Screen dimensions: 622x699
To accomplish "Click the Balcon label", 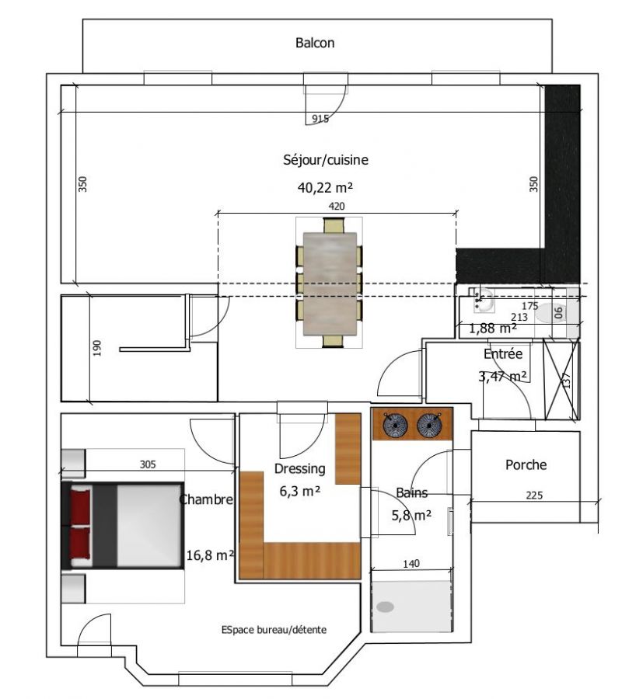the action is tap(315, 43).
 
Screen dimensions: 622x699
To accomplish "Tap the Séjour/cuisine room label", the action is tap(326, 160).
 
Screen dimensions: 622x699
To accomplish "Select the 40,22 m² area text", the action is tap(325, 188).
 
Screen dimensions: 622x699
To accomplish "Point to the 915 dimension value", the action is tap(320, 119).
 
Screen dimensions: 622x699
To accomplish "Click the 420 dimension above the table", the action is tap(337, 206).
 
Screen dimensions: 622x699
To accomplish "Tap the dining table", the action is tap(330, 283).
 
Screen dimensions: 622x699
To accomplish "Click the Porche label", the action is tap(526, 465).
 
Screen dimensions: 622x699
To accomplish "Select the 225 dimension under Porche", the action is tap(534, 496).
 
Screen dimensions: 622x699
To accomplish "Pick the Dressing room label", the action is tap(299, 469).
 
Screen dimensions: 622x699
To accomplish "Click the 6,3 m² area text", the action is tap(300, 492).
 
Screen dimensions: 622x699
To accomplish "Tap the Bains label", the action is tap(412, 492).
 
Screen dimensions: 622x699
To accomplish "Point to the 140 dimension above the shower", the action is tap(411, 564).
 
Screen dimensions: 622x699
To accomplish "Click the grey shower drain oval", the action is tap(385, 607).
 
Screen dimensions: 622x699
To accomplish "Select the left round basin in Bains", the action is tap(395, 424).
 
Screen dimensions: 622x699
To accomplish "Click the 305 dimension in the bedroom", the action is tap(148, 464).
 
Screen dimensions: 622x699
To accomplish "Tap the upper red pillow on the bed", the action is tap(81, 507).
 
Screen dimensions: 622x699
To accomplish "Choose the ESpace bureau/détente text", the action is tap(274, 630).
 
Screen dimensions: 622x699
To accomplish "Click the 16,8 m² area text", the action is tap(210, 555).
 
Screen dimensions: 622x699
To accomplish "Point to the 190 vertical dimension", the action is tap(97, 348).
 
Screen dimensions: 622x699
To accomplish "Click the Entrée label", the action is tap(503, 354).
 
